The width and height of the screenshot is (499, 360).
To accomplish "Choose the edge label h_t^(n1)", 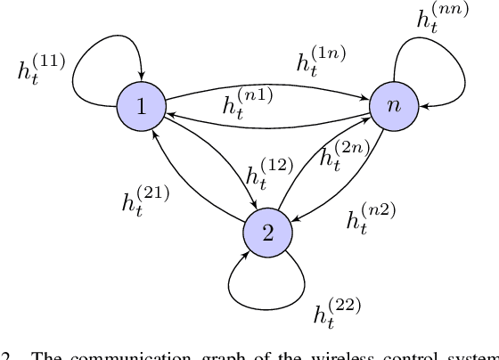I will click(245, 104).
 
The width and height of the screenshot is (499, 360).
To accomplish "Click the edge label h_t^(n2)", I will click(370, 217).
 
